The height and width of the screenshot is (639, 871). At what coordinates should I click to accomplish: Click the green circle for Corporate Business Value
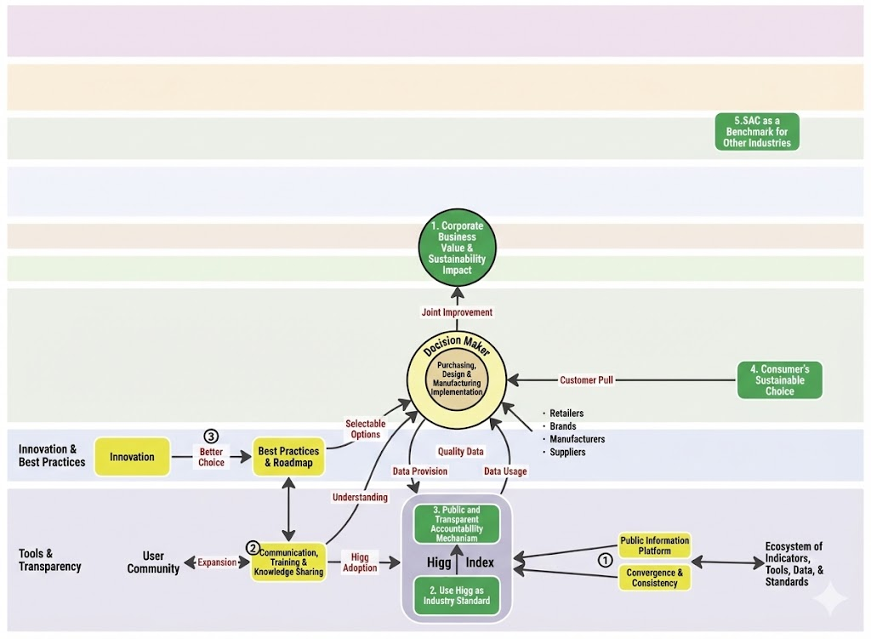tap(457, 248)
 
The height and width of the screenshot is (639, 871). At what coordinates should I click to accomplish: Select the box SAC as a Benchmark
tap(757, 132)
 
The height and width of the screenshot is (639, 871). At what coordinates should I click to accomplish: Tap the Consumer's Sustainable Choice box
tap(779, 380)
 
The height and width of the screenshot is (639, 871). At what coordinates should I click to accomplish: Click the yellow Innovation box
tap(132, 457)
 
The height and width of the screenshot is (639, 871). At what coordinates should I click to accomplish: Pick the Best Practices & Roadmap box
tap(288, 457)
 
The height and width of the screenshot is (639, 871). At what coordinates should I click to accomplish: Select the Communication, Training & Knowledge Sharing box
tap(288, 562)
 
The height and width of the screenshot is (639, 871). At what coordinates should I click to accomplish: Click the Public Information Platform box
tap(655, 545)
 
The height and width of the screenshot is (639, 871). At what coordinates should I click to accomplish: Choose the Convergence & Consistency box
tap(655, 579)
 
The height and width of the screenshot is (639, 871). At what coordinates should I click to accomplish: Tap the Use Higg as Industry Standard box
tap(457, 596)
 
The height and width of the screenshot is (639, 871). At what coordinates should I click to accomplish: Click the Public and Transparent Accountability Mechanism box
tap(457, 523)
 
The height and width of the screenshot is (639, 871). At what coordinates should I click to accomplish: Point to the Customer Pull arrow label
tap(586, 380)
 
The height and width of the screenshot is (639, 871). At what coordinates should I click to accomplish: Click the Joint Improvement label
tap(457, 312)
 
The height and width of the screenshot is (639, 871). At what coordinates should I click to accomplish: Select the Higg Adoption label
tap(360, 562)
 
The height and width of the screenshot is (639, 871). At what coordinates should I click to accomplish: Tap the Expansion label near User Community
tap(217, 562)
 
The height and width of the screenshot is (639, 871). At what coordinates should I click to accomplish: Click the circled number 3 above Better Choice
tap(211, 436)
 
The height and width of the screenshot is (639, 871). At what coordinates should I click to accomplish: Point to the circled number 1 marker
tap(605, 561)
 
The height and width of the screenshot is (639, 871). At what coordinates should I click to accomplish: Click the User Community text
tap(153, 562)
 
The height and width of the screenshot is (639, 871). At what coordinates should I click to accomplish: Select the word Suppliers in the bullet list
tap(567, 453)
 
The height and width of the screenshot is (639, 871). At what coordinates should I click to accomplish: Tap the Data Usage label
tap(505, 471)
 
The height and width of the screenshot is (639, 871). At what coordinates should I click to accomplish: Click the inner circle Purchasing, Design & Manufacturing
tap(457, 379)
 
